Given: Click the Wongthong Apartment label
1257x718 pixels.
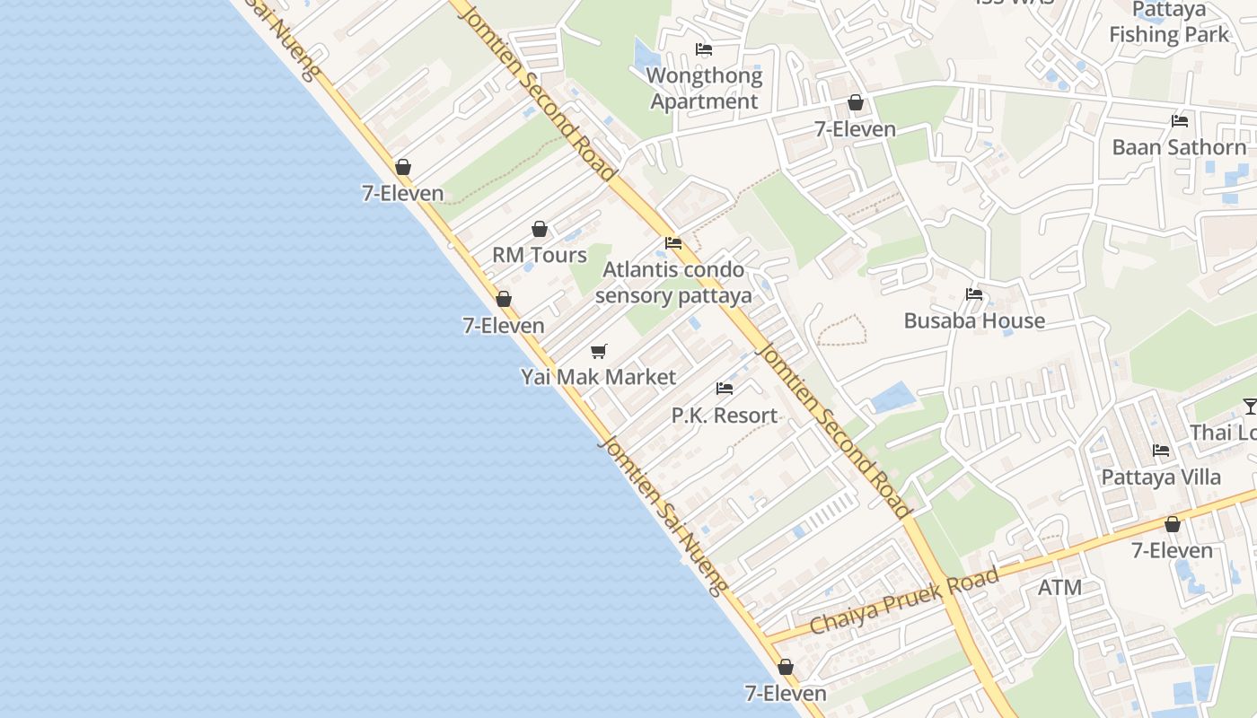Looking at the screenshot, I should point(704,89).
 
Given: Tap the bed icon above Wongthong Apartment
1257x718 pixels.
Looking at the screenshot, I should point(704,49).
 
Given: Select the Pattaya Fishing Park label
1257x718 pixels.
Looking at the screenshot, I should point(1168,22).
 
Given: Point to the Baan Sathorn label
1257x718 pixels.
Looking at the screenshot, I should point(1179,147).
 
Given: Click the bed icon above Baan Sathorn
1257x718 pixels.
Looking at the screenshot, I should point(1179,121).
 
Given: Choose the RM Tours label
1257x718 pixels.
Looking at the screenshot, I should point(539,255).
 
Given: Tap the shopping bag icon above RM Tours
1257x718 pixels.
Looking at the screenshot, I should point(540,230).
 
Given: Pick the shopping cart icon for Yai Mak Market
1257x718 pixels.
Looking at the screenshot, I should point(599,351).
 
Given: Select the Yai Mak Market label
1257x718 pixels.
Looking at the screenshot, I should point(598,377).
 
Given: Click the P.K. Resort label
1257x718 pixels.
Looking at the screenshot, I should point(725,416).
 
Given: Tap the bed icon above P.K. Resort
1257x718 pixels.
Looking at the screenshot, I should point(725,389).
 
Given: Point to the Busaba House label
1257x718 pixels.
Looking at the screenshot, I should point(974,320).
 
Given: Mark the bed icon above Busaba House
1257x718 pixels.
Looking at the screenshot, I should point(974,294).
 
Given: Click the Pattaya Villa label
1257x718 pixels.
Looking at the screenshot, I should point(1161,477).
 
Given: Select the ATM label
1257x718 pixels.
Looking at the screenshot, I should point(1059,588).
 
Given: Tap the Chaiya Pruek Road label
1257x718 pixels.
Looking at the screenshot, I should point(903,600).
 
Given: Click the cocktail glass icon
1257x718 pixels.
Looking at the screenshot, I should point(1250,407).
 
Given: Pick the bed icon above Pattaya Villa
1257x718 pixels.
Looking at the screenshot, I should point(1161,451).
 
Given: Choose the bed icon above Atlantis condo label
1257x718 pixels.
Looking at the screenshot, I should point(673,243).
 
